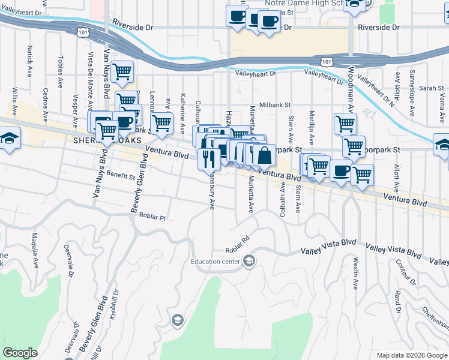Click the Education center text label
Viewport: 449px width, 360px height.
click(x=215, y=261)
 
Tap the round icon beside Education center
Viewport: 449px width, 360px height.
click(x=249, y=260)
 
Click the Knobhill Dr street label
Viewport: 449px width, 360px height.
click(x=109, y=307)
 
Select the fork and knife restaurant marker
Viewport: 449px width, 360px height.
click(x=208, y=159)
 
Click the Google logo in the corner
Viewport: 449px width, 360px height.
click(x=20, y=353)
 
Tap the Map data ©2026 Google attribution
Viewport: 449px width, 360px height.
click(x=411, y=355)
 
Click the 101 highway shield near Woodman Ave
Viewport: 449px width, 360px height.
click(x=325, y=61)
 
